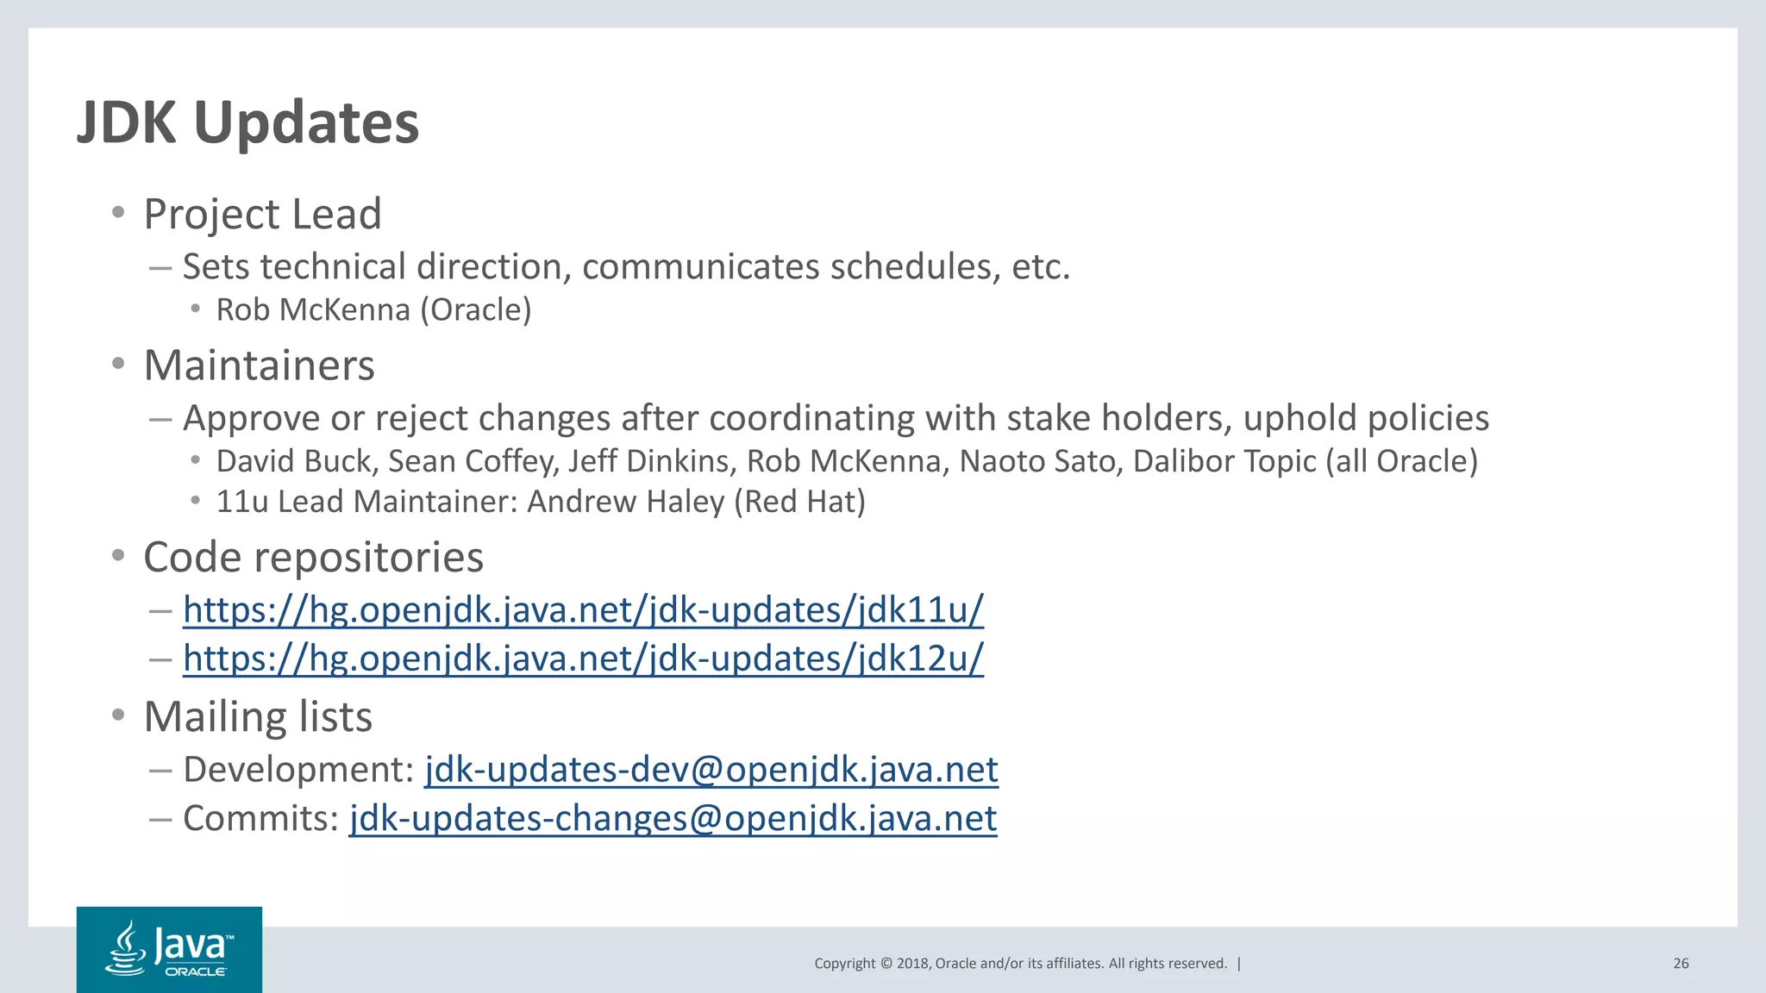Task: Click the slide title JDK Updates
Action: tap(248, 122)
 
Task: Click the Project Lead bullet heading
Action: tap(262, 214)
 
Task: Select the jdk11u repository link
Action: tap(583, 610)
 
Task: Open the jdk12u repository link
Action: tap(583, 659)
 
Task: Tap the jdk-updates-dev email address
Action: tap(711, 770)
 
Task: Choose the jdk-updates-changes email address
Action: tap(673, 818)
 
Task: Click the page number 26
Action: tap(1681, 964)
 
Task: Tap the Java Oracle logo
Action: tap(169, 949)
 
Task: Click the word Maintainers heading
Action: tap(259, 365)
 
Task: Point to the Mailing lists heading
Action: tap(258, 717)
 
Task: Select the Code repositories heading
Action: tap(313, 558)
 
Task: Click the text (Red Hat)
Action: tap(799, 502)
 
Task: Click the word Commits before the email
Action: tap(260, 818)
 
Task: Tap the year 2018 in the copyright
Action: tap(912, 964)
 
